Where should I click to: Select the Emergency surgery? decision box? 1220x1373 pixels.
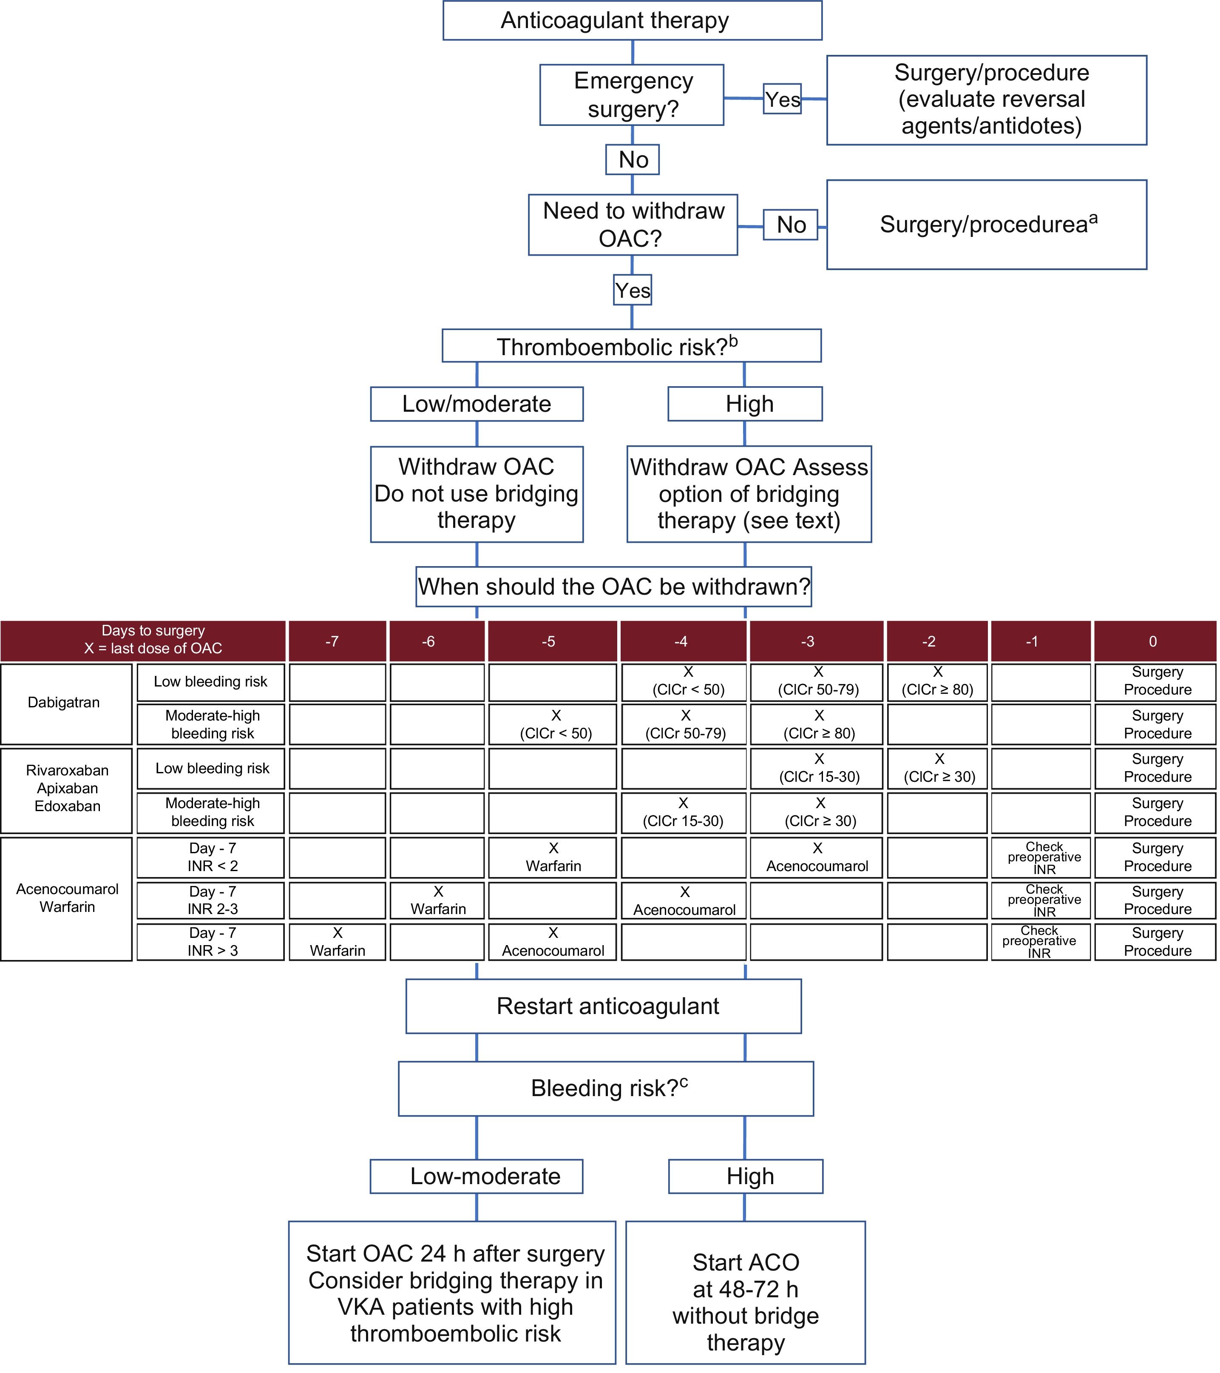[632, 95]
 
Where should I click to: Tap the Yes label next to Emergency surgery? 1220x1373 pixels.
[782, 100]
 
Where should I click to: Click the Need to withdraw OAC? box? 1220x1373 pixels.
[633, 224]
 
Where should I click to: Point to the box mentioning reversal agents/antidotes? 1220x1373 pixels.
[986, 100]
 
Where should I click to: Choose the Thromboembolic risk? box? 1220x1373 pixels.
[631, 346]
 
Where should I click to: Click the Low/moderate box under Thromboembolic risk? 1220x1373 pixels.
[477, 404]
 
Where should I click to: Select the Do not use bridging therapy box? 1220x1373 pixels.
[477, 494]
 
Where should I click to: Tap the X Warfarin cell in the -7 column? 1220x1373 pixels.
[337, 941]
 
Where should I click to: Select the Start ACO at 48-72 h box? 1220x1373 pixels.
[745, 1292]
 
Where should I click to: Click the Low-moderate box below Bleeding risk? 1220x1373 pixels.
[477, 1176]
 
